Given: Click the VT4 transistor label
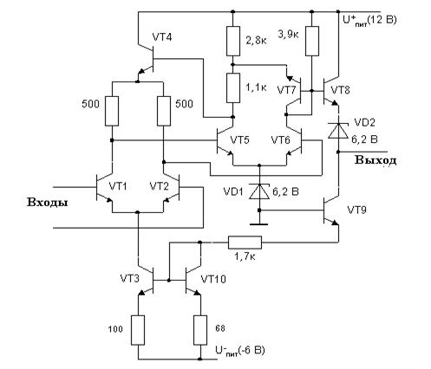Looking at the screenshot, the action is point(162,37).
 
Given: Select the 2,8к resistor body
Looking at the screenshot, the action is point(233,41).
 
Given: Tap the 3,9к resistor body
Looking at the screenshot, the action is point(312,41).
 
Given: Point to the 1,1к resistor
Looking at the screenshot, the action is point(233,87).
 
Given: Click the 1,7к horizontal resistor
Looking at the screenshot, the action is point(245,243).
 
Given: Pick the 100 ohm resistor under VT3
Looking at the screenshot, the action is point(138,330).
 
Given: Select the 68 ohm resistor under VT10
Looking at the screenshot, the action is point(200,330).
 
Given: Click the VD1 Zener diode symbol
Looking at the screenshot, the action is point(259,191).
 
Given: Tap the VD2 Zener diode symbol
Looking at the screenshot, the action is point(338,131).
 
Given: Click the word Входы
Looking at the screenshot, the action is point(48,203).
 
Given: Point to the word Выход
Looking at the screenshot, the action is point(375,160).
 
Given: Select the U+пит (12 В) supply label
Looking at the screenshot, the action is point(369,21).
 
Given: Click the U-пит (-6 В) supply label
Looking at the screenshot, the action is point(240,351).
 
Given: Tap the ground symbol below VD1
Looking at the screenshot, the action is point(259,223).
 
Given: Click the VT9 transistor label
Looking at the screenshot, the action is point(356,210).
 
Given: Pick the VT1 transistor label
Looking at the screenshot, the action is point(118,186).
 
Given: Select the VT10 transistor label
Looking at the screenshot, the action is point(213,279).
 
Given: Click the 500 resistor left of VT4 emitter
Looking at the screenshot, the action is point(112,111).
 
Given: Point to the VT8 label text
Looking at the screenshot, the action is point(340,90).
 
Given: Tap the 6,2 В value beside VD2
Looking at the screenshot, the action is point(364,139).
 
